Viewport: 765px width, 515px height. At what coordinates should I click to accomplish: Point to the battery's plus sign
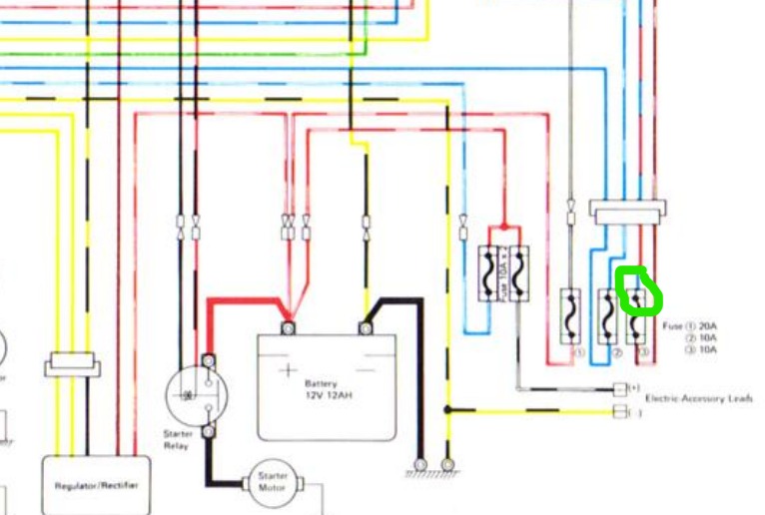point(288,369)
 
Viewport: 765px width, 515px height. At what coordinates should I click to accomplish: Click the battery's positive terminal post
point(289,327)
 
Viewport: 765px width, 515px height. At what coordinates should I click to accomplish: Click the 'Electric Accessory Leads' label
point(698,398)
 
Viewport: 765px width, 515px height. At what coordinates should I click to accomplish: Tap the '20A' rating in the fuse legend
point(707,326)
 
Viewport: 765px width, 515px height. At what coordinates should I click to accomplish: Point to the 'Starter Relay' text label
point(177,440)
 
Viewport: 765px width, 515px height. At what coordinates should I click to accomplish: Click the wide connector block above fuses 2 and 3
point(627,212)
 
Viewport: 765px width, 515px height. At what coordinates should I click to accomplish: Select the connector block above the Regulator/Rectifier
point(73,368)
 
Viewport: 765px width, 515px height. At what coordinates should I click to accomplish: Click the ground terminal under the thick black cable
point(420,465)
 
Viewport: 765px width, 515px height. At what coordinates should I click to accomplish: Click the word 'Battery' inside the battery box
point(321,383)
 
